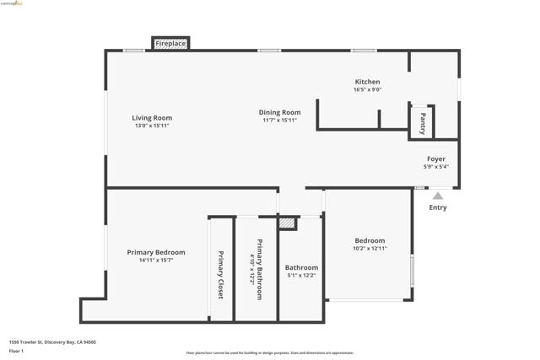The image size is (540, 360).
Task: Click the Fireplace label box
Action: [170, 43]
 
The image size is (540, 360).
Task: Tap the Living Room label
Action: [152, 118]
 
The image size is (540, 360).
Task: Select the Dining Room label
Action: [279, 112]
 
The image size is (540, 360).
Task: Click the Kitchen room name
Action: [367, 82]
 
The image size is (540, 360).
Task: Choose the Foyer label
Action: [435, 159]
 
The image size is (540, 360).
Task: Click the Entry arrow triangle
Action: [437, 196]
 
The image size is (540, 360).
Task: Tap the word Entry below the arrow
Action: [437, 207]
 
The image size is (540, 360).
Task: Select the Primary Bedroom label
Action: [156, 252]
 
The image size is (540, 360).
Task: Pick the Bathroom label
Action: [301, 267]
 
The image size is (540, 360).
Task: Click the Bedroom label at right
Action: [370, 240]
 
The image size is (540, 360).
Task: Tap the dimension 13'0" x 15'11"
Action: [152, 126]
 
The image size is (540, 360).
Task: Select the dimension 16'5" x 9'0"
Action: [367, 89]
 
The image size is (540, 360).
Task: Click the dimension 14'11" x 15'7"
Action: [156, 260]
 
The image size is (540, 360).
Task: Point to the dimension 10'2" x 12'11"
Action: [370, 248]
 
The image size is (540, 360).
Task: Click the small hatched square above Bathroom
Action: [288, 223]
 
